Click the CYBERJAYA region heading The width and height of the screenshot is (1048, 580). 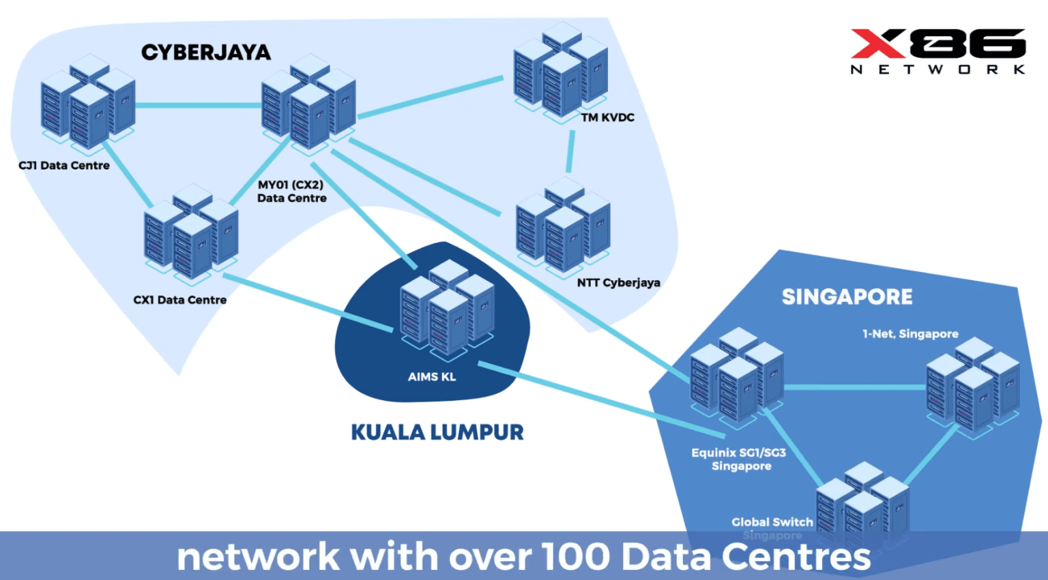(205, 52)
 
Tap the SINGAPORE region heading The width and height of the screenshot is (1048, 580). (847, 297)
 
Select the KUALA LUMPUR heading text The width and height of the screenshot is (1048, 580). (437, 432)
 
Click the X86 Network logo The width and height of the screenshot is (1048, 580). (937, 51)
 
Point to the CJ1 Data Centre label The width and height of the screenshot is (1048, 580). (64, 166)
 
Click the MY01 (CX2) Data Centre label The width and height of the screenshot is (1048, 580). (291, 192)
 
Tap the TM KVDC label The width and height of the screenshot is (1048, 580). (607, 117)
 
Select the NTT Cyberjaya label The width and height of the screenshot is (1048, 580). (618, 282)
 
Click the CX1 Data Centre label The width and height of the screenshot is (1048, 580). (179, 300)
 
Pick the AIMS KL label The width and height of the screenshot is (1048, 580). (431, 376)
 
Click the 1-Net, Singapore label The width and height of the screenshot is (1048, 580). (909, 334)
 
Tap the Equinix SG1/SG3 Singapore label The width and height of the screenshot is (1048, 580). (740, 459)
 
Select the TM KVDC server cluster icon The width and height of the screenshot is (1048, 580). (560, 71)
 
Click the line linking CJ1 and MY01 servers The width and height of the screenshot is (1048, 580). (198, 106)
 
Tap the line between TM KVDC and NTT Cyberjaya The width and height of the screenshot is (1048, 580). (570, 151)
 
